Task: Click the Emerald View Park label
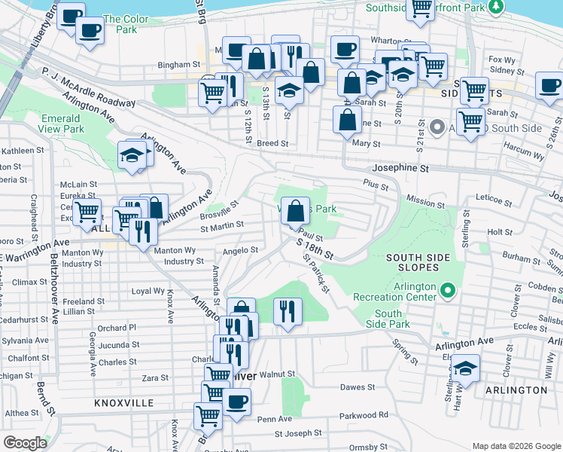click(60, 124)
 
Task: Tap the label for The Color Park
click(120, 24)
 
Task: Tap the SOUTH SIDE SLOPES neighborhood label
click(418, 263)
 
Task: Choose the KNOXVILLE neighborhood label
click(124, 404)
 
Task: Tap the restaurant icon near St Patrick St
click(286, 310)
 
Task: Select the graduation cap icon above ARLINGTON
click(465, 368)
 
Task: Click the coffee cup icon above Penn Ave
click(237, 401)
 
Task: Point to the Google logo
click(25, 443)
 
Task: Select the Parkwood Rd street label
click(363, 415)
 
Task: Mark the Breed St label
click(272, 143)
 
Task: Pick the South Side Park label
click(388, 319)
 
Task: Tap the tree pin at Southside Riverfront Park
click(495, 7)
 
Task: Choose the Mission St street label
click(425, 203)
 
